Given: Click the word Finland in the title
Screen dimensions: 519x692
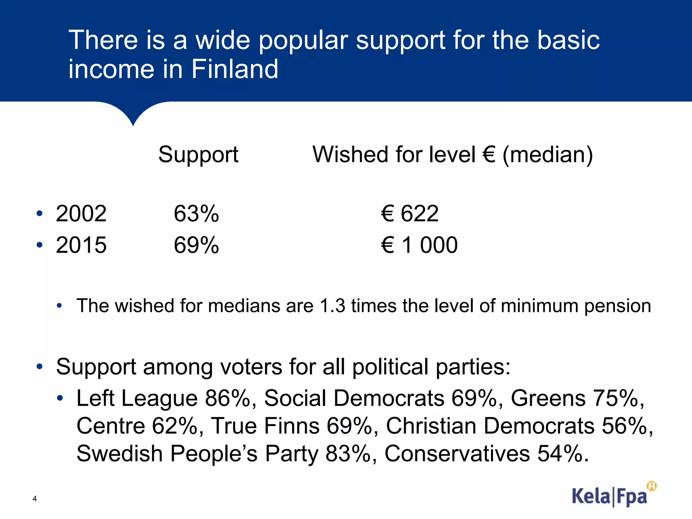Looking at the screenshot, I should click(x=235, y=69).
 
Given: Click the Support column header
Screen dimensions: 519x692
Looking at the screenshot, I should click(x=198, y=154).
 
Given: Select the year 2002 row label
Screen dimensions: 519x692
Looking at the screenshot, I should click(x=81, y=214).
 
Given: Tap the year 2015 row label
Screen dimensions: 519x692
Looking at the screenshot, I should click(x=81, y=245).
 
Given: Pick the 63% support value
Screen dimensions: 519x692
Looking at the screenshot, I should click(x=196, y=214).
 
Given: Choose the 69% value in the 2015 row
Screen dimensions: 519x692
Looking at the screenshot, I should click(x=196, y=245).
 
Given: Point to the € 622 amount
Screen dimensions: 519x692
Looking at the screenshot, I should click(x=410, y=214).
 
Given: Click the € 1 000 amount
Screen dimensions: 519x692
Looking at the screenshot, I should click(x=419, y=245).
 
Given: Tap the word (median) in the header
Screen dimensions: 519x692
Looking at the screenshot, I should click(x=548, y=155).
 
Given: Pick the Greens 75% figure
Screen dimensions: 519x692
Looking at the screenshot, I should click(x=618, y=398).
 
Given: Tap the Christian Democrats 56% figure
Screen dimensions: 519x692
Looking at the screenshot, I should click(x=627, y=426).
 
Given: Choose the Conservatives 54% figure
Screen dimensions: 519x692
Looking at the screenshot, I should click(x=563, y=453).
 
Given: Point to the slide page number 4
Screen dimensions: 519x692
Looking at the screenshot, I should click(x=34, y=499).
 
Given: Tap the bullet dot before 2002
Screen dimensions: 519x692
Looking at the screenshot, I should click(x=40, y=214).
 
